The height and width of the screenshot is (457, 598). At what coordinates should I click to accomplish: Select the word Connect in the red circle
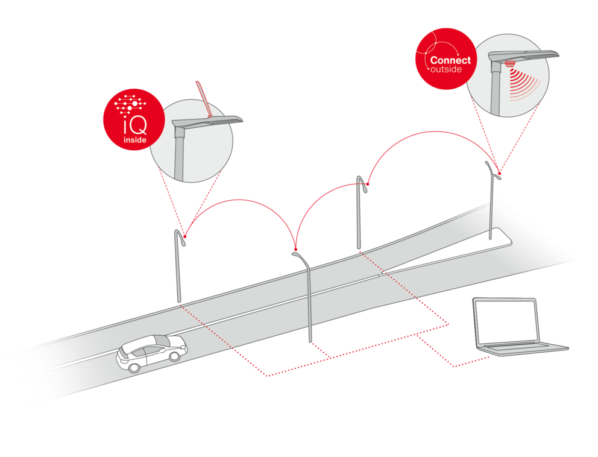[x=450, y=60]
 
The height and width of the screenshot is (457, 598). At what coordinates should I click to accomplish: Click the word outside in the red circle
[x=446, y=70]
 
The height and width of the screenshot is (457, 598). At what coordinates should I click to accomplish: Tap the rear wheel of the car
[x=174, y=357]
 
